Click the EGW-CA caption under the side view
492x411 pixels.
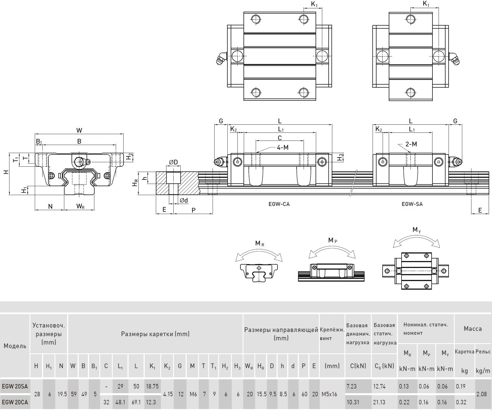pos(279,204)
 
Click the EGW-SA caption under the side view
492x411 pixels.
pos(412,204)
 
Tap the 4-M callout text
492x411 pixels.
pos(283,147)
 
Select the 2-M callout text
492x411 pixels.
pos(411,144)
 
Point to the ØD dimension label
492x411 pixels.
pos(173,162)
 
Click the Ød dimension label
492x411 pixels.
pos(184,200)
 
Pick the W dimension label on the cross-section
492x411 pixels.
pos(79,130)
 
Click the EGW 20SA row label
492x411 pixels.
pos(15,386)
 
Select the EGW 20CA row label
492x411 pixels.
pos(15,402)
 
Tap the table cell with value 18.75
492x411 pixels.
pos(152,386)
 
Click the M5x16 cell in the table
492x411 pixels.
pos(329,394)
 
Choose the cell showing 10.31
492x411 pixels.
pos(353,402)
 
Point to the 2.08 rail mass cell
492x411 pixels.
pos(481,394)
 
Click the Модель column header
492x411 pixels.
pos(15,346)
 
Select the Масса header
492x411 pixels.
pos(473,329)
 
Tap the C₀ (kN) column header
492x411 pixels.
pos(384,366)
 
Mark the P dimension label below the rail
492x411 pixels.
pos(193,210)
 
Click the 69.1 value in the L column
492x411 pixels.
pos(136,402)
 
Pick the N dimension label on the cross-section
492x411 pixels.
pos(50,206)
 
